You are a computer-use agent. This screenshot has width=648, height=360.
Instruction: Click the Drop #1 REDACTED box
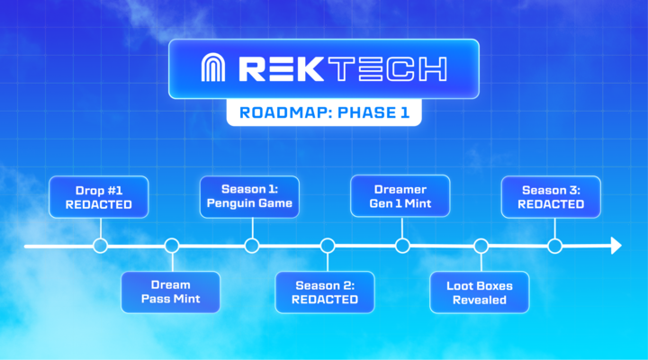click(x=98, y=198)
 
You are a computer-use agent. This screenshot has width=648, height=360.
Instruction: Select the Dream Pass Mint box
click(x=170, y=292)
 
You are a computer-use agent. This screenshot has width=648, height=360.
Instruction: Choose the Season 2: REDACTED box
click(x=326, y=292)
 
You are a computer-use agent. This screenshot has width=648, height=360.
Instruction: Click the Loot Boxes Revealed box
click(x=480, y=292)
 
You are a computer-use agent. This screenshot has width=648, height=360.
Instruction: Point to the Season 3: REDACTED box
click(x=553, y=197)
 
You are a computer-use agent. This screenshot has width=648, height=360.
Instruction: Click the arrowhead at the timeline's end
click(x=616, y=245)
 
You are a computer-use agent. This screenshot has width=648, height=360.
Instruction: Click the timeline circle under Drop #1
click(x=100, y=245)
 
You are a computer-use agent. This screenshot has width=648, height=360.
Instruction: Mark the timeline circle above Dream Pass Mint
click(x=172, y=245)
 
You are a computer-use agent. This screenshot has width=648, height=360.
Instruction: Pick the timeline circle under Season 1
click(x=252, y=245)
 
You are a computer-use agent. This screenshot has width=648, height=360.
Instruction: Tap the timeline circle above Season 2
click(x=328, y=245)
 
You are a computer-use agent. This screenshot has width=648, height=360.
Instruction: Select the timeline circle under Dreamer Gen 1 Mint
click(x=402, y=245)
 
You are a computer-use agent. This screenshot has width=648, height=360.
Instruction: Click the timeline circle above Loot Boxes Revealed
click(x=481, y=245)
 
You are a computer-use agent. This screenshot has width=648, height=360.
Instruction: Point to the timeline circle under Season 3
click(x=555, y=245)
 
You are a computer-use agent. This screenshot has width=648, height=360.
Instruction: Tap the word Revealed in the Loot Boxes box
click(x=480, y=300)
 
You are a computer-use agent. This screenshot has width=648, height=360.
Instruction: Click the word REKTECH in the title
click(x=342, y=69)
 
